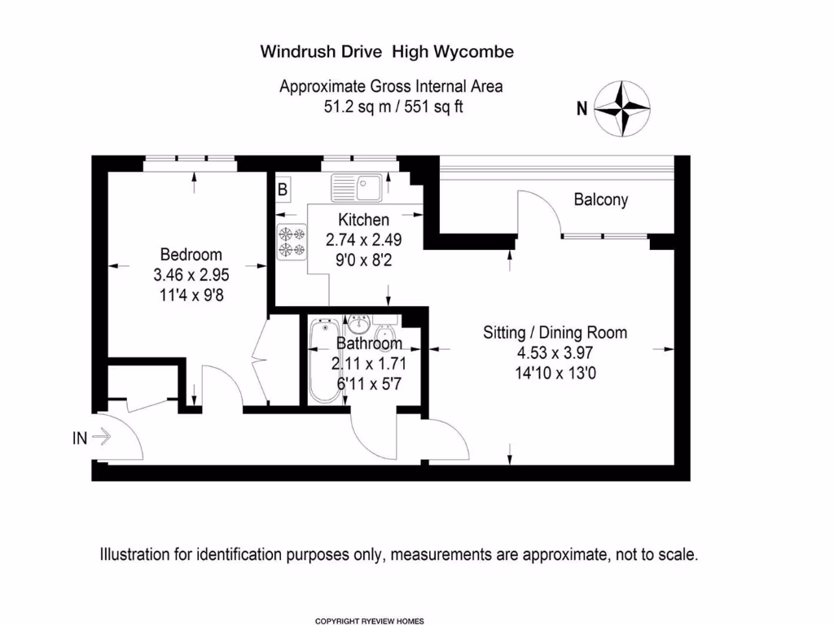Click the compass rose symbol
click(x=622, y=108)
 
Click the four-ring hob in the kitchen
click(x=292, y=243)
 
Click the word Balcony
click(x=601, y=199)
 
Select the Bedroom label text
click(x=191, y=255)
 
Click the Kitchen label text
click(x=363, y=220)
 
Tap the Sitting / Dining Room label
click(x=555, y=332)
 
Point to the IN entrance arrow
click(x=101, y=438)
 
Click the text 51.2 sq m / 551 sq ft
click(x=393, y=107)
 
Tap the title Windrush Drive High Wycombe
click(x=387, y=52)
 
